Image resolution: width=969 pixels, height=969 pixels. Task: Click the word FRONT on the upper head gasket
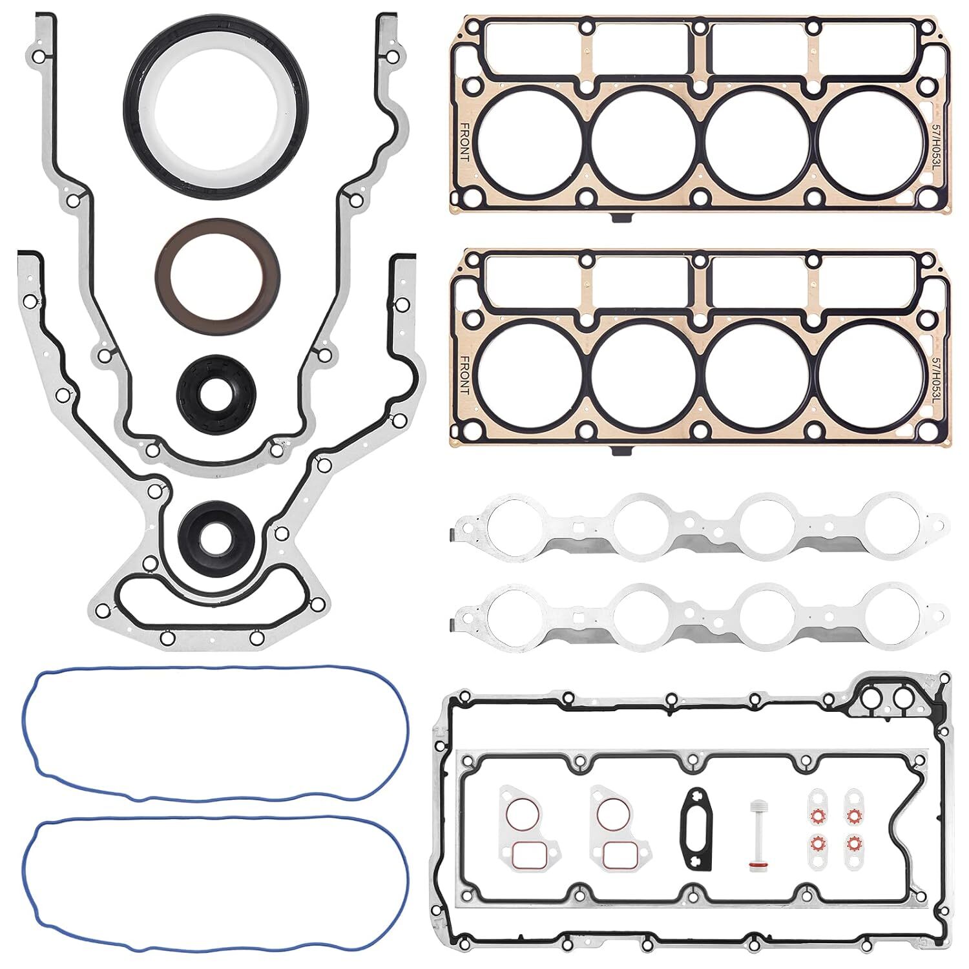tap(464, 142)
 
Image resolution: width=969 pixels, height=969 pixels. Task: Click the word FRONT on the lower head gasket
tap(464, 375)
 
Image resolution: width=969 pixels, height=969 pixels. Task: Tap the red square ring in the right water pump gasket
tap(616, 855)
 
